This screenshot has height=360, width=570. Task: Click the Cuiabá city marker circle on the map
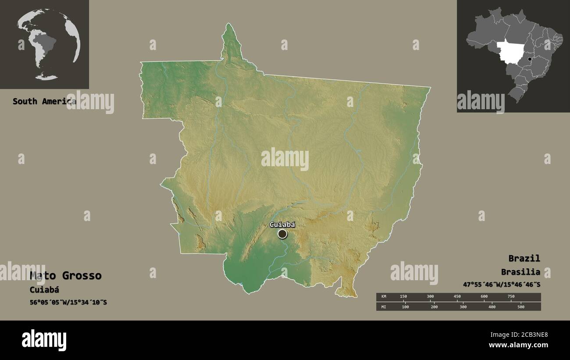click(x=282, y=234)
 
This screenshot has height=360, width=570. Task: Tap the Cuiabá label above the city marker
click(x=282, y=225)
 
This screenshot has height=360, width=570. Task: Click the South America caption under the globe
click(x=44, y=101)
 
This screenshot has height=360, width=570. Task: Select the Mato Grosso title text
click(x=65, y=276)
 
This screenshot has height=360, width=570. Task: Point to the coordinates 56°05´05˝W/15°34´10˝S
click(x=68, y=303)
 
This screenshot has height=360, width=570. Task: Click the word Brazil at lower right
click(x=524, y=258)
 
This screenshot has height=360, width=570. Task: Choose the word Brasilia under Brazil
click(x=521, y=272)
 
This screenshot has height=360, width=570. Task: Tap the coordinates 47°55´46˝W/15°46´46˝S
click(x=502, y=285)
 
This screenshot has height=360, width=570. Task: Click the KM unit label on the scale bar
click(x=384, y=297)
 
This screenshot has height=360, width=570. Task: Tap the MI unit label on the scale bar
click(x=384, y=307)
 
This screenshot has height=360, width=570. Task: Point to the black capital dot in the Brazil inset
click(x=530, y=59)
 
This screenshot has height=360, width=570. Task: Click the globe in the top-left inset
click(x=49, y=44)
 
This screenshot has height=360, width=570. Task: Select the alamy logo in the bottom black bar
click(x=44, y=340)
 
